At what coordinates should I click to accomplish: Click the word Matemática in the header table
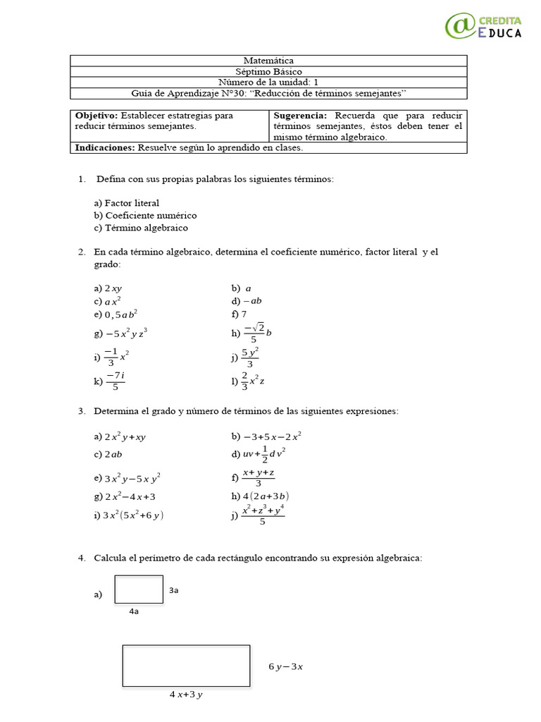point(268,61)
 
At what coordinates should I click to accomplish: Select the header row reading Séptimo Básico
point(268,72)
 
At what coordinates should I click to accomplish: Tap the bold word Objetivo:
point(97,115)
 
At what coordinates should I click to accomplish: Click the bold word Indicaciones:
point(105,148)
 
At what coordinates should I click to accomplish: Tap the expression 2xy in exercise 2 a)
point(113,288)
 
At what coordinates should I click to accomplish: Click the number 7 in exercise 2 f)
point(244,314)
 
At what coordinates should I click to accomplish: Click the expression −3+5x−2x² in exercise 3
point(272,436)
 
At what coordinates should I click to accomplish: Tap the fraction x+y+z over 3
point(259,477)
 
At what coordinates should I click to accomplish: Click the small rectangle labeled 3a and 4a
point(139,589)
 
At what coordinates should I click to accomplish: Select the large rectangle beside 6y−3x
point(186,666)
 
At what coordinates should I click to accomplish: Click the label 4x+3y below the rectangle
point(186,695)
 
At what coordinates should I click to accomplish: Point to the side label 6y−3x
point(286,666)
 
